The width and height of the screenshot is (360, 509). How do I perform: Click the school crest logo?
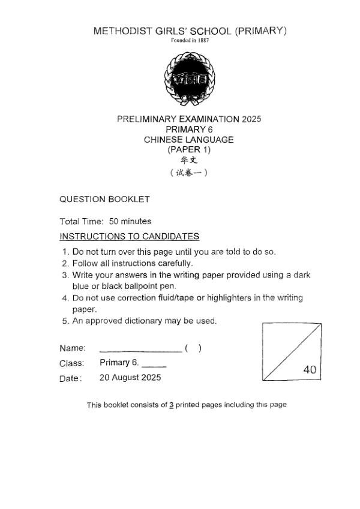(x=190, y=78)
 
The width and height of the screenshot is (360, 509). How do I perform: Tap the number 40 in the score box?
(x=310, y=370)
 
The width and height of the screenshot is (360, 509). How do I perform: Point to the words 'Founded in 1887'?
(x=190, y=41)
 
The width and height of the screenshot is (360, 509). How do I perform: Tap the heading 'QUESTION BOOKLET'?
(x=104, y=199)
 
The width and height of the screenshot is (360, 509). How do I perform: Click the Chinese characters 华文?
(x=189, y=161)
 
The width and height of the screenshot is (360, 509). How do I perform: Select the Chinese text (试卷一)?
(x=189, y=173)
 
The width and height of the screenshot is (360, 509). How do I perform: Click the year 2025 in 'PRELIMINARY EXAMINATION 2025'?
(x=251, y=119)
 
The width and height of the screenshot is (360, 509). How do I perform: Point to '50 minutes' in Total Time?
(x=130, y=221)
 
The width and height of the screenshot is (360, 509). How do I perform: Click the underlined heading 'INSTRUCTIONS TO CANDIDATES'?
(x=129, y=236)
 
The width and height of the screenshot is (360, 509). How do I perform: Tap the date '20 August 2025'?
(x=130, y=378)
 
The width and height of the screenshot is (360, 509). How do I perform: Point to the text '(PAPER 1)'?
(x=189, y=150)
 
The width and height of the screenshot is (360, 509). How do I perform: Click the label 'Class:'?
(x=71, y=363)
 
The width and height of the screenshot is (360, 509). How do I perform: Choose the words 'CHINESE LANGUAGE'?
(x=189, y=140)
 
